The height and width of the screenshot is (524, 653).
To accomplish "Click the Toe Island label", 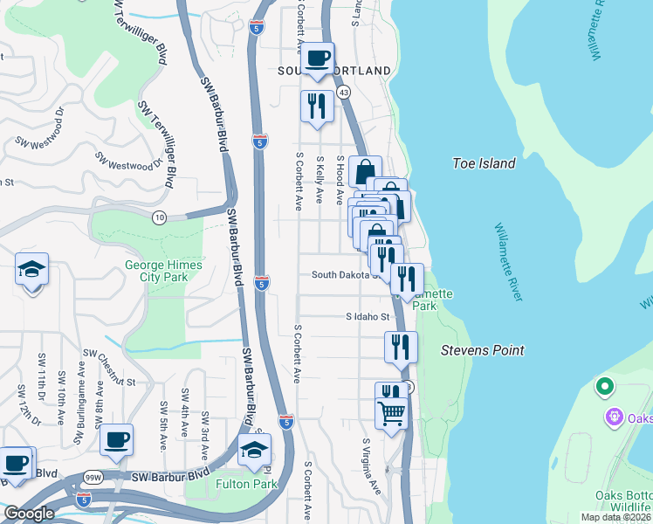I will pyautogui.click(x=484, y=163).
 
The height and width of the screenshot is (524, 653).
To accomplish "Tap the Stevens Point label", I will pyautogui.click(x=482, y=350).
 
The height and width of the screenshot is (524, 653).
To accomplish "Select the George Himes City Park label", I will pyautogui.click(x=163, y=271).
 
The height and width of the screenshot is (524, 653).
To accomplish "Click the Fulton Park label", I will pyautogui.click(x=245, y=484).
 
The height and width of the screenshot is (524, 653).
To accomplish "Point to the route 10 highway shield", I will pyautogui.click(x=158, y=217).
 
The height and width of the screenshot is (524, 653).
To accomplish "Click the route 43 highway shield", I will pyautogui.click(x=344, y=92).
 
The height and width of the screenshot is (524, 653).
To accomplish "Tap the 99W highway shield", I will pyautogui.click(x=93, y=477).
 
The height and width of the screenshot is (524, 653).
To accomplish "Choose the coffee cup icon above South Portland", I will pyautogui.click(x=318, y=59).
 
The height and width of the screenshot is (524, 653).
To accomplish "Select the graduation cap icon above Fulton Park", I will pyautogui.click(x=254, y=450).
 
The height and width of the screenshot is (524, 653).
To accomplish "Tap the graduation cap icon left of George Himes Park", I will pyautogui.click(x=32, y=269).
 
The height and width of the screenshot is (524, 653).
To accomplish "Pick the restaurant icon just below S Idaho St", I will pyautogui.click(x=401, y=346).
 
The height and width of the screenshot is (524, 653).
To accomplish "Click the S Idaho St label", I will pyautogui.click(x=366, y=317).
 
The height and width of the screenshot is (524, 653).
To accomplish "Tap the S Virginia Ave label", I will pyautogui.click(x=373, y=466).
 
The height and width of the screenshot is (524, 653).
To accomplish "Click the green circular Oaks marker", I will pyautogui.click(x=603, y=385).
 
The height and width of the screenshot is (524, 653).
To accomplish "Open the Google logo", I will pyautogui.click(x=29, y=514).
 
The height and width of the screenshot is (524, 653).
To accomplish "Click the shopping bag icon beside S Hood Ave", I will pyautogui.click(x=364, y=171).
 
